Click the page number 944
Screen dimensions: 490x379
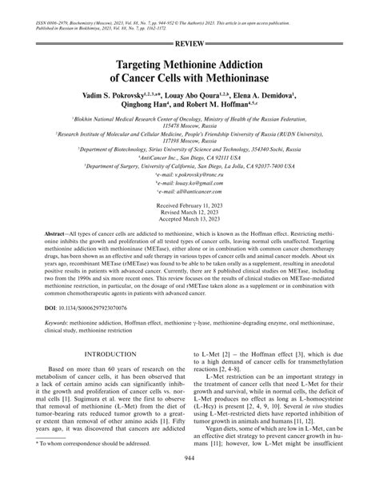189,479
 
